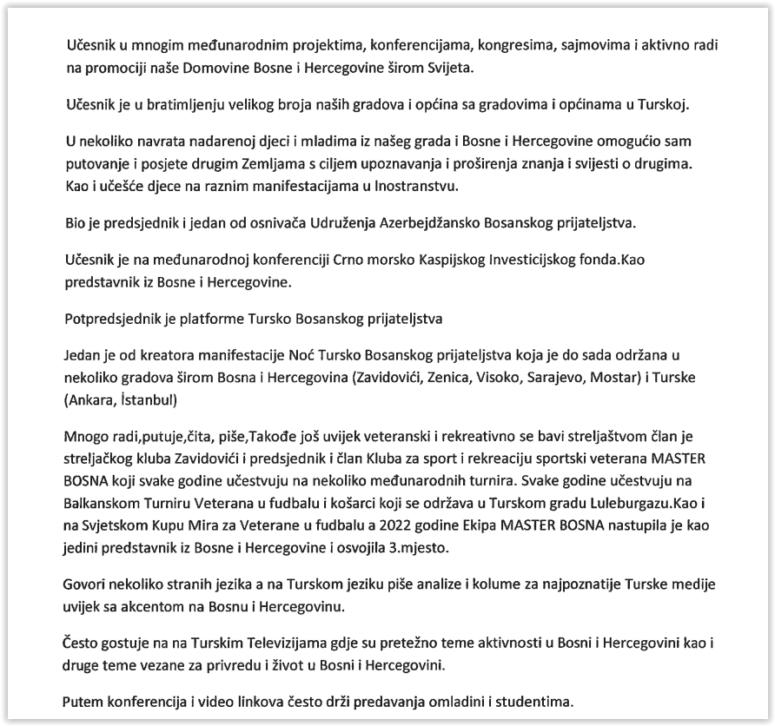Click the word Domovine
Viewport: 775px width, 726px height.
click(238, 68)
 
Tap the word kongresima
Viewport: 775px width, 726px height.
click(428, 44)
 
